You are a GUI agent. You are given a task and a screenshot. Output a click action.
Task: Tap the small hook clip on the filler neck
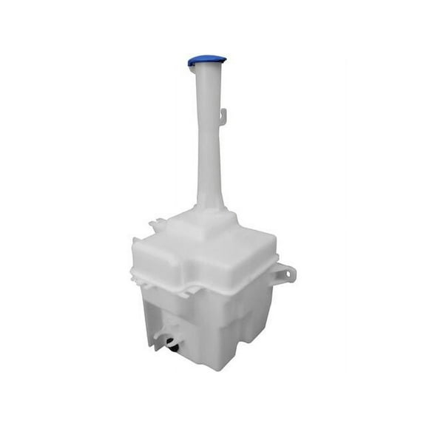pyautogui.click(x=224, y=115)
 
